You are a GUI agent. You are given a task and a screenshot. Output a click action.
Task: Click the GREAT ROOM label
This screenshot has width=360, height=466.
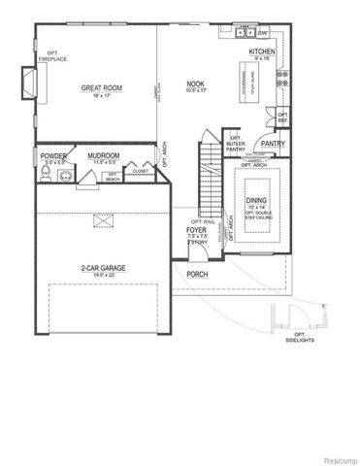[x=98, y=87]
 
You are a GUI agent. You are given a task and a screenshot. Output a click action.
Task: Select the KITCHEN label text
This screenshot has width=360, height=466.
[x=262, y=50]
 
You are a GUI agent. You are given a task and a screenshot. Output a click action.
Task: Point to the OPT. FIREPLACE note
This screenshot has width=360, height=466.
[x=52, y=55]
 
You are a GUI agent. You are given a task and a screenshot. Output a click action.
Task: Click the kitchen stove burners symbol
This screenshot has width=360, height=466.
[x=282, y=75]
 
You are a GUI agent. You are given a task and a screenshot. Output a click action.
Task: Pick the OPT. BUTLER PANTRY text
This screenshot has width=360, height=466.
[x=235, y=143]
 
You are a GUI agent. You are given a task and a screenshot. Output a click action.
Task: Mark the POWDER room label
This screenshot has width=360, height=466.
[x=52, y=155]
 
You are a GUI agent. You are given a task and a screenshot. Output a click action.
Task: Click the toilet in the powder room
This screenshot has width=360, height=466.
[x=46, y=175]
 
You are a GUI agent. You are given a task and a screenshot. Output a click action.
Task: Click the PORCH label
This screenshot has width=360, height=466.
[x=199, y=274]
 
